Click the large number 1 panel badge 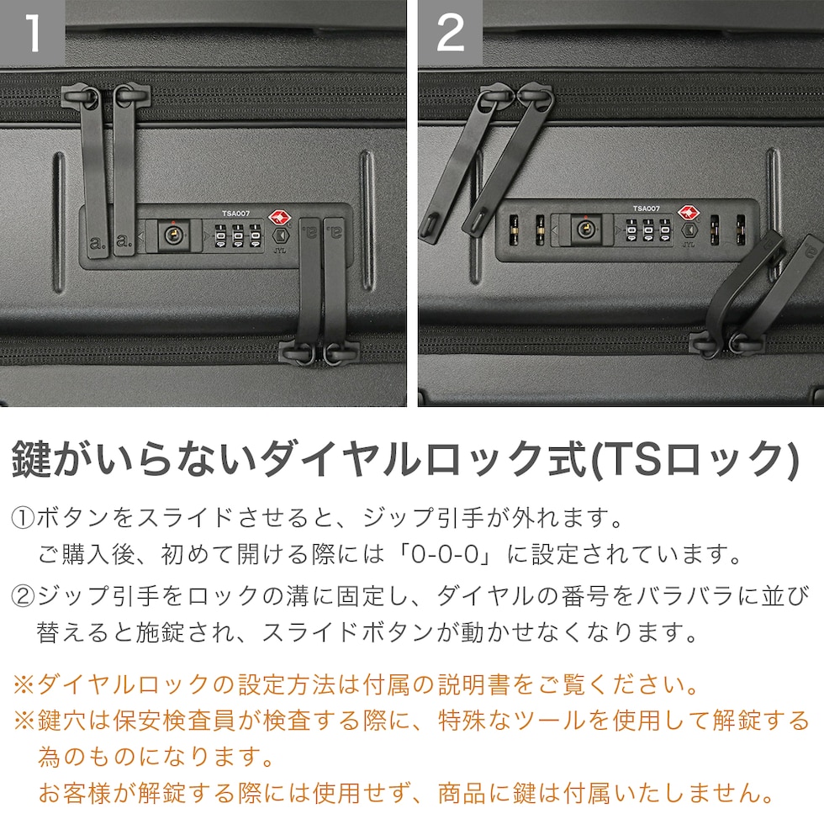pyautogui.click(x=32, y=33)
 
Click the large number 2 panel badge pyautogui.click(x=451, y=33)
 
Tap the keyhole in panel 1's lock pyautogui.click(x=173, y=235)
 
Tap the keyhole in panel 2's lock pyautogui.click(x=585, y=230)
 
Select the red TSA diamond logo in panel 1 pyautogui.click(x=279, y=218)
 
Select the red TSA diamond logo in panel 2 pyautogui.click(x=689, y=213)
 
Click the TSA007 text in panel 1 pyautogui.click(x=235, y=214)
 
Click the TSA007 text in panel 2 pyautogui.click(x=647, y=209)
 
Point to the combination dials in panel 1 pyautogui.click(x=237, y=236)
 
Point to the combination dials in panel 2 pyautogui.click(x=648, y=230)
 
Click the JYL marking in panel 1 pyautogui.click(x=279, y=251)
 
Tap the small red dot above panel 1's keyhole pyautogui.click(x=173, y=222)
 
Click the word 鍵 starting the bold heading pyautogui.click(x=31, y=459)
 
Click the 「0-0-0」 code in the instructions pyautogui.click(x=445, y=554)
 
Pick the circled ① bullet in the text pyautogui.click(x=23, y=518)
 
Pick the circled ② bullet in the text pyautogui.click(x=23, y=596)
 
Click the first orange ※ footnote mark pyautogui.click(x=24, y=684)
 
